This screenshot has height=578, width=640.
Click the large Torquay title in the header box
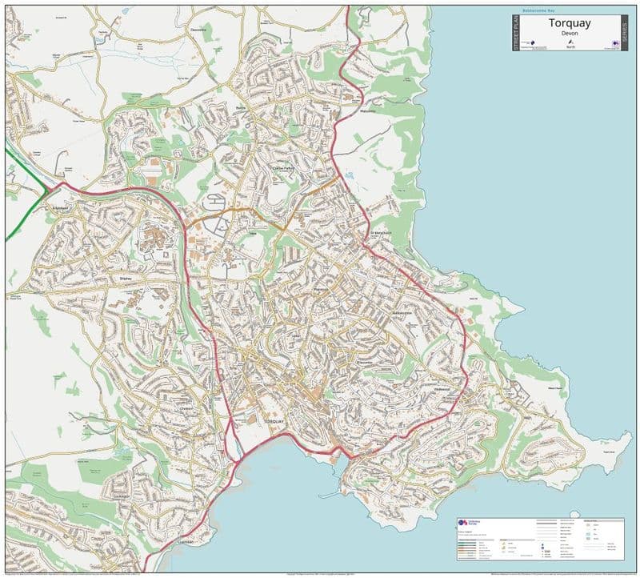(x=570, y=22)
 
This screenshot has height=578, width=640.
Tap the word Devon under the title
(x=570, y=33)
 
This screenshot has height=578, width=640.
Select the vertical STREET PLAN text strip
(x=515, y=34)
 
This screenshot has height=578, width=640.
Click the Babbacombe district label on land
(x=402, y=312)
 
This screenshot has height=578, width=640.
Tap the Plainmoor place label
(x=323, y=290)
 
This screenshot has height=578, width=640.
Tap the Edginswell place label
(x=61, y=207)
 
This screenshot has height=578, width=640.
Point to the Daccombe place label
(x=198, y=30)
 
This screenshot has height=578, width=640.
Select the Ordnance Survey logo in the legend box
(x=462, y=522)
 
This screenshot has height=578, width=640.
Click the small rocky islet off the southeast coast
(x=608, y=452)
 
